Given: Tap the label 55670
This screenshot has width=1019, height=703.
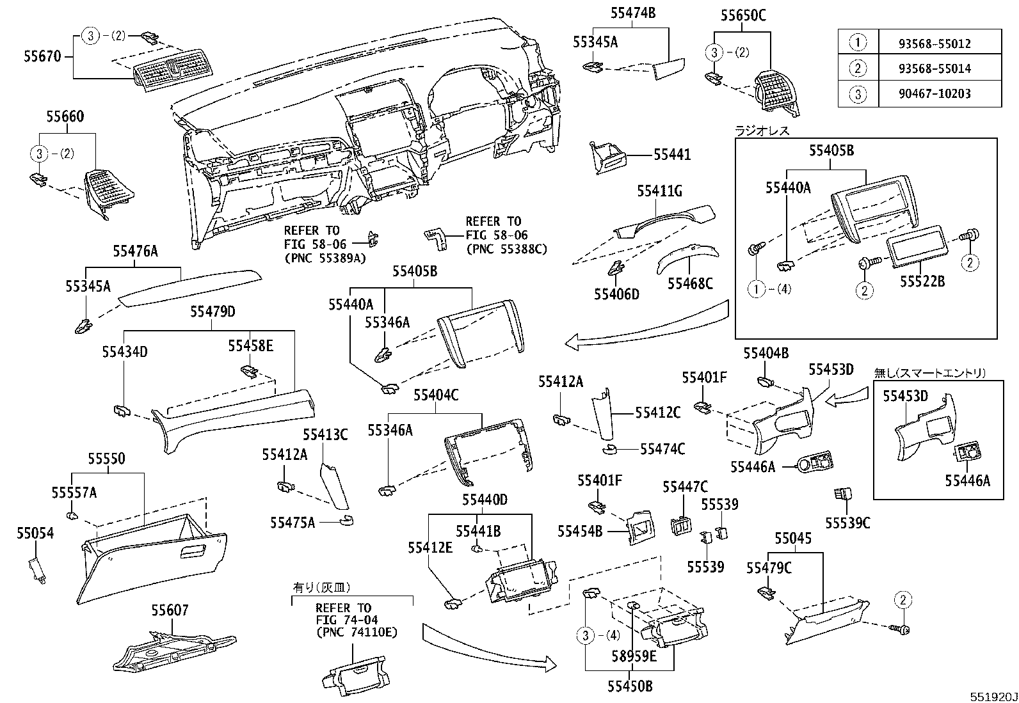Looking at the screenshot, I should coord(42,56).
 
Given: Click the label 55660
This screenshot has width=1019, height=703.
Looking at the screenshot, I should coord(65,117).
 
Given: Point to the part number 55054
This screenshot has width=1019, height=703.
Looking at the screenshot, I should coord(35,533).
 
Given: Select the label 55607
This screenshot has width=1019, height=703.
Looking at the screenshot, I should coord(170,610).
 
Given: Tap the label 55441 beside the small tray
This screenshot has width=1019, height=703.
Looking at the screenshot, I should coord(672,155).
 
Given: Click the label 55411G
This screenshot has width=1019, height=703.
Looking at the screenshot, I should coord(659,191).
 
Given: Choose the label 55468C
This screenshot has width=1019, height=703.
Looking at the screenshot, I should coord(690,283).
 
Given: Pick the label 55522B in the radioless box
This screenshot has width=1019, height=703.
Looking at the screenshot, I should coord(922,281).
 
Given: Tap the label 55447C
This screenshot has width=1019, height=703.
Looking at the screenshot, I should coord(685,487).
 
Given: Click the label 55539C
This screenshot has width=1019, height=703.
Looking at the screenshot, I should coord(847,523).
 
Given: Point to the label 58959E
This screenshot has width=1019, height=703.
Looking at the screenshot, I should coord(634,656).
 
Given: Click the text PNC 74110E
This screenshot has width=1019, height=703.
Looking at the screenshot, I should coord(357,633).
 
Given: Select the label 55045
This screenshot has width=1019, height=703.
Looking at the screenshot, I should coord(792,539).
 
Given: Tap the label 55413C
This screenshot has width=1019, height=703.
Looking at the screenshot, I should coord(325,435).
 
